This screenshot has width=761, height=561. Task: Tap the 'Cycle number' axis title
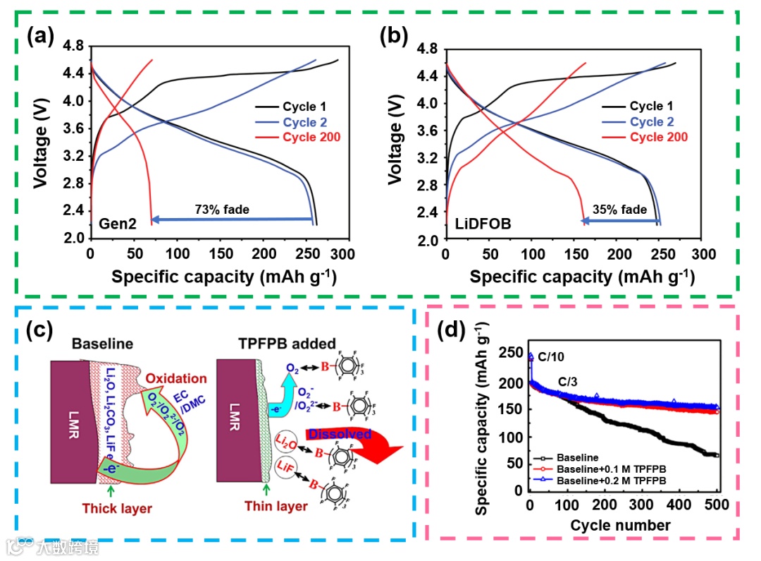(x=620, y=524)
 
